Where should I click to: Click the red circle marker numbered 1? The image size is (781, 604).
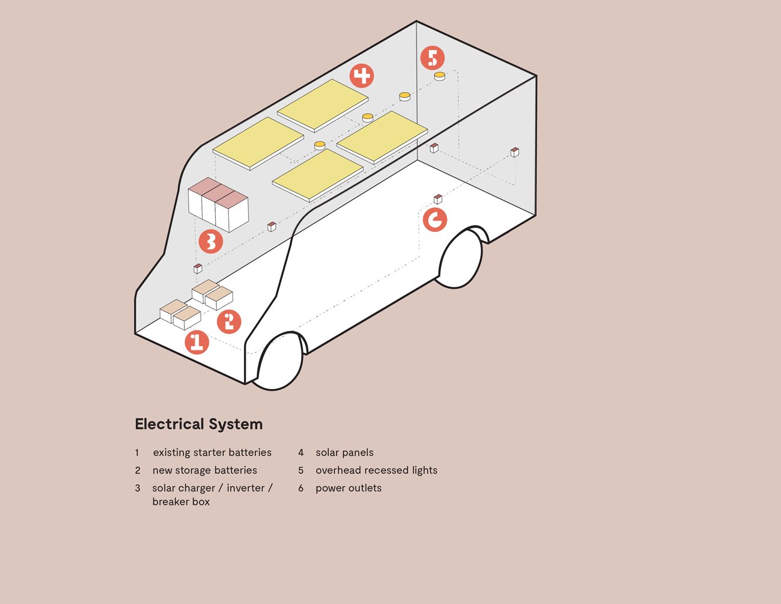click(196, 343)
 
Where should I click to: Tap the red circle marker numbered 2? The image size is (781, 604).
click(229, 322)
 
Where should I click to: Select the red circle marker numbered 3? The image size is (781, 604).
click(211, 241)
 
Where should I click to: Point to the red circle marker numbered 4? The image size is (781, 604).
click(362, 76)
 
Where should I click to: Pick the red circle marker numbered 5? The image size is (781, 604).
click(433, 58)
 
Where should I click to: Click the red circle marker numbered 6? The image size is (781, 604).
click(435, 220)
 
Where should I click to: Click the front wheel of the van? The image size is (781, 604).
click(279, 361)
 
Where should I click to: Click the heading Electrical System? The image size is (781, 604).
click(199, 424)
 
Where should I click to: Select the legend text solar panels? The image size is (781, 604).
click(344, 453)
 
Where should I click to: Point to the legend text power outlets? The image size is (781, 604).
click(348, 488)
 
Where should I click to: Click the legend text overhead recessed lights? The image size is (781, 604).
click(376, 470)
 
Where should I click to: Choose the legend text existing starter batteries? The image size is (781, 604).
click(212, 453)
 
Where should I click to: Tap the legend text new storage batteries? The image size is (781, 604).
click(204, 470)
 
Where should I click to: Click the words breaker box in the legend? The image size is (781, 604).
click(181, 502)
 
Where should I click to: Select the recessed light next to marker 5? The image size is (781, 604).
click(440, 76)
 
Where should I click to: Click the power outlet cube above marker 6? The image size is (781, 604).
click(438, 199)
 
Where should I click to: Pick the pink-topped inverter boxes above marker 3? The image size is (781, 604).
click(218, 204)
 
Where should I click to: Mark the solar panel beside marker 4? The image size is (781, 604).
click(323, 105)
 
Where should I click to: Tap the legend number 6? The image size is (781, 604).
click(301, 488)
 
